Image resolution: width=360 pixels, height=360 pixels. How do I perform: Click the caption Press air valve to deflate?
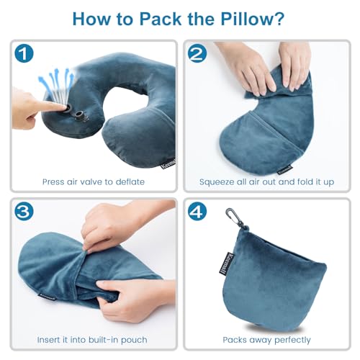tap(93, 181)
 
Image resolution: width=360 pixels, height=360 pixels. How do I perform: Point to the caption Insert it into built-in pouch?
tap(93, 338)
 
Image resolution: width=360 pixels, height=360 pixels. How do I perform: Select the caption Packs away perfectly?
tap(266, 338)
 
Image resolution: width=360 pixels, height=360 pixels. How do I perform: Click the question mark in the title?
tap(276, 17)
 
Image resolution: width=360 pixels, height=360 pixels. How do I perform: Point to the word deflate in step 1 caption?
tap(130, 181)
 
